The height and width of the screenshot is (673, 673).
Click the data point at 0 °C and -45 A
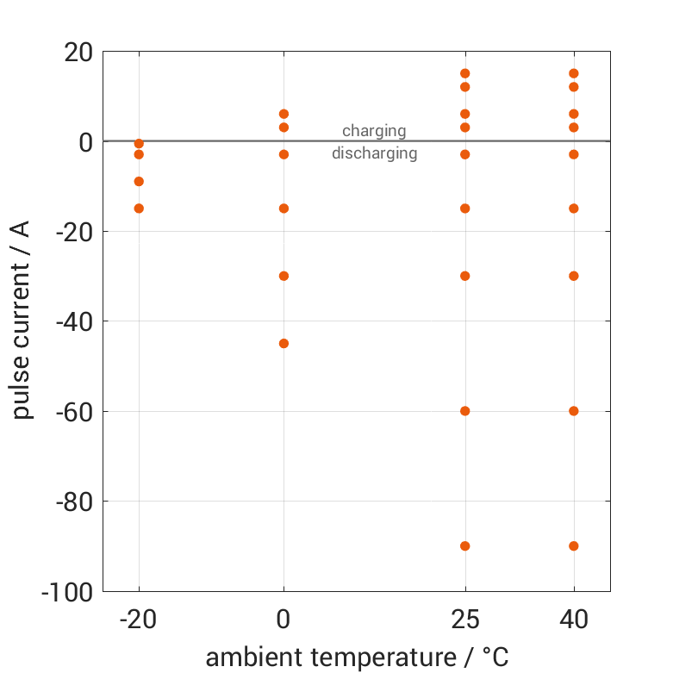pos(284,343)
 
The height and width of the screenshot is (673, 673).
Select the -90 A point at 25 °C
pos(465,545)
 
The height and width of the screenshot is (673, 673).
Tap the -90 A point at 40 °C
pos(574,545)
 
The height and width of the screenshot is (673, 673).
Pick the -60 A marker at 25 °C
pos(465,411)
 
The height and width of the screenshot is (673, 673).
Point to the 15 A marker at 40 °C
pos(574,73)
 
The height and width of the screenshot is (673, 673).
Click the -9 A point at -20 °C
pos(139,181)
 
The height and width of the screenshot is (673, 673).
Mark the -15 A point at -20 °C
pos(139,209)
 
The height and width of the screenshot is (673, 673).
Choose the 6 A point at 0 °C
pos(284,114)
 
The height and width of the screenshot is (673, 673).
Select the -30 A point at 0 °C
pos(284,276)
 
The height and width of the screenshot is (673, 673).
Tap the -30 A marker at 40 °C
pos(574,276)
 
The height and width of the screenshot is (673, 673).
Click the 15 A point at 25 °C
pos(465,73)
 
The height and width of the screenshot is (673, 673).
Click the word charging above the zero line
pos(374,131)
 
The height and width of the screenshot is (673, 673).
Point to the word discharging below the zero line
pos(375,154)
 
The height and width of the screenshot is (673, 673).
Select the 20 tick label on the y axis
pos(78,53)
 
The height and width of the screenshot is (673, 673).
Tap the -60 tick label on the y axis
pos(73,412)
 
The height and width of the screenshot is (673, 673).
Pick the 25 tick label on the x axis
pos(465,620)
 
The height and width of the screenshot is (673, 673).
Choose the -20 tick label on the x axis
pos(138,620)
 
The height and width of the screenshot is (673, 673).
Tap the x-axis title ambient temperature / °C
pos(357,657)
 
